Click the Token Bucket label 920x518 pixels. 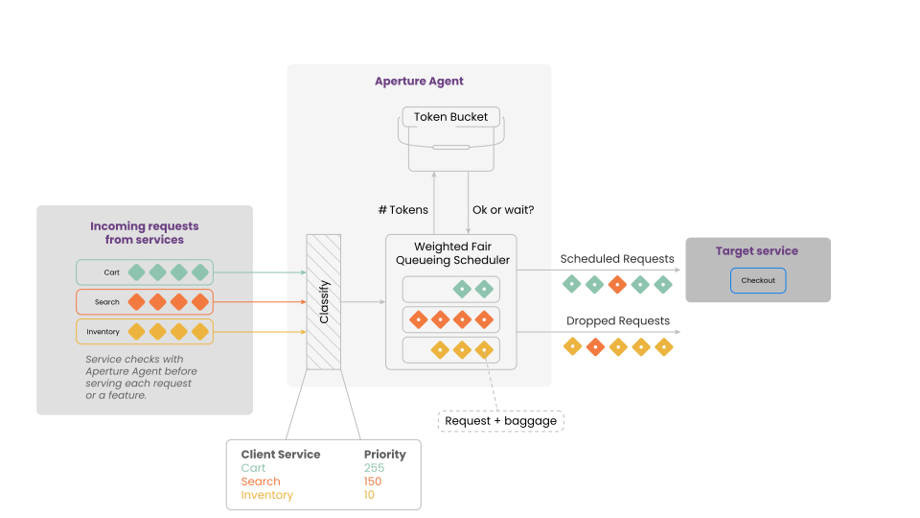(450, 117)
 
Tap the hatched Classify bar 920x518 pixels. (323, 301)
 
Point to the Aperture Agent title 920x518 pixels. (419, 82)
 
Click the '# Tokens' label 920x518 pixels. (403, 210)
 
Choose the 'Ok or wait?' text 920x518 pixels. (503, 210)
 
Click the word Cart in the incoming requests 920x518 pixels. (112, 272)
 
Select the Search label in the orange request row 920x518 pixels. (107, 302)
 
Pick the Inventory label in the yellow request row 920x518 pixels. (103, 332)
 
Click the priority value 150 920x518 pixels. (373, 482)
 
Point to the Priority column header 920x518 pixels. (384, 455)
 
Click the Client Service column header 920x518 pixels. (281, 455)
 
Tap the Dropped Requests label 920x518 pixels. (618, 321)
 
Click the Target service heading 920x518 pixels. (757, 251)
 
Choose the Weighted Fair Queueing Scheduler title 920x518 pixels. (448, 253)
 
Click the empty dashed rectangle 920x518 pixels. (501, 421)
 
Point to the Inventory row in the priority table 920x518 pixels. (267, 495)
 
